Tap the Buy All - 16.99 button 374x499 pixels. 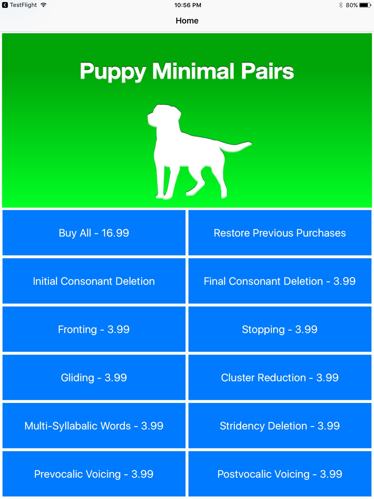click(94, 233)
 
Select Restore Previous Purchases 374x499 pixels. click(280, 233)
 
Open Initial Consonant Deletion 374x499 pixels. click(94, 281)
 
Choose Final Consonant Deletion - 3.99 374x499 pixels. click(280, 281)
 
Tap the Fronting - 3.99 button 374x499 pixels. click(94, 329)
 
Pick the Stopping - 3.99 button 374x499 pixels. click(280, 329)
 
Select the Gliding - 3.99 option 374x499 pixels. click(94, 377)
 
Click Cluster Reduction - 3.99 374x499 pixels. click(280, 377)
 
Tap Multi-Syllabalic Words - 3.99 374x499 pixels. click(94, 426)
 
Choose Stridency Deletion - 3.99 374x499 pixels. click(280, 426)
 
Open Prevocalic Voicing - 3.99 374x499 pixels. click(94, 474)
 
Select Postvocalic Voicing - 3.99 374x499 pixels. click(280, 474)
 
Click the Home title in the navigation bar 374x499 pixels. click(187, 21)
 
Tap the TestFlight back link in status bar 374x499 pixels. click(19, 5)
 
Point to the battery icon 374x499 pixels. click(365, 5)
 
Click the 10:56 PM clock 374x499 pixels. click(188, 5)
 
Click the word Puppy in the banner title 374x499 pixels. click(113, 72)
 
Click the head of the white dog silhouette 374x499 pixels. click(163, 115)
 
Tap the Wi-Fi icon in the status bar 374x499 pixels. click(43, 5)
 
